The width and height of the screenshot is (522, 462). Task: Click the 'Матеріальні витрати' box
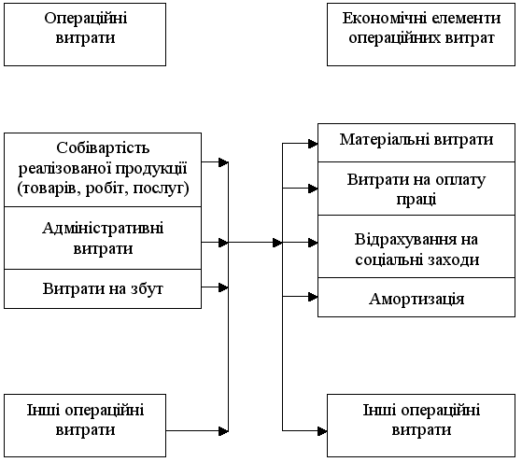point(416,143)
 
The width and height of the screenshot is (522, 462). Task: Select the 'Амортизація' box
point(416,297)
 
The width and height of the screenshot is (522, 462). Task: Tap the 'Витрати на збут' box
point(103,289)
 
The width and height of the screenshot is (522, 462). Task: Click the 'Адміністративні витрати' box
point(103,238)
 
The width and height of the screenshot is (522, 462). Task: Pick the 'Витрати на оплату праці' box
point(416,189)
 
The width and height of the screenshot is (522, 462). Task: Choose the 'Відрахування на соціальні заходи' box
point(416,246)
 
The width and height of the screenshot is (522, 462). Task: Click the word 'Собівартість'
point(103,147)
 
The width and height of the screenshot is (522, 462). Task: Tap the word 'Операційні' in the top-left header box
point(86,18)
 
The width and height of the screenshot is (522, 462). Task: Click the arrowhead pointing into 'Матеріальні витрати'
point(313,144)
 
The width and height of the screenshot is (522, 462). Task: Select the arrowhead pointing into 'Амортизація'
point(313,297)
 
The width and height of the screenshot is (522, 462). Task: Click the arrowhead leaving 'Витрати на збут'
point(224,287)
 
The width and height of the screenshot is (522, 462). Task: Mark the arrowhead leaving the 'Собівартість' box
point(224,162)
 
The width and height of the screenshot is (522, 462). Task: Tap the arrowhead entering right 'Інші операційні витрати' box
point(322,431)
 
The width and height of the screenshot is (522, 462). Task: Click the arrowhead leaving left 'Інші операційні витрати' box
point(224,431)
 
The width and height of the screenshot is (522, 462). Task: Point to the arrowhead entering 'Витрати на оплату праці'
point(313,189)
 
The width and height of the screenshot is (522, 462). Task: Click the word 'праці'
point(416,200)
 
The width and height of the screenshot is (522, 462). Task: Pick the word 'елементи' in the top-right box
point(458,18)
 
